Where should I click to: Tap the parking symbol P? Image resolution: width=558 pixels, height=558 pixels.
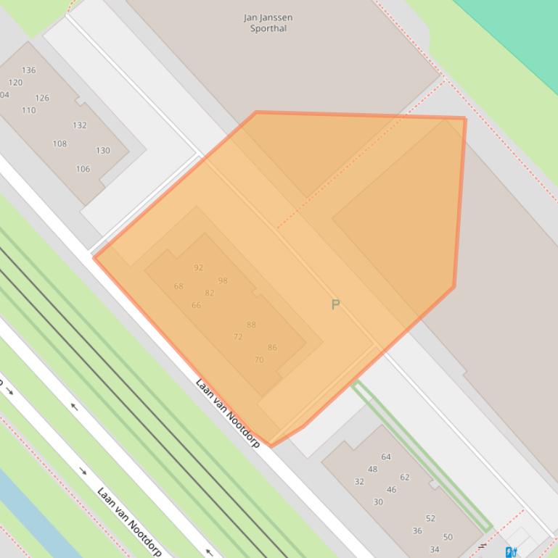[x=335, y=305]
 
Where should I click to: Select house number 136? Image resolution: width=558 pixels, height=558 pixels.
[x=28, y=70]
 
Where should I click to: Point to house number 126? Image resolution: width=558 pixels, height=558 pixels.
[x=42, y=98]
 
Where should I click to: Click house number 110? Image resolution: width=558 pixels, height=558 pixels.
[x=28, y=110]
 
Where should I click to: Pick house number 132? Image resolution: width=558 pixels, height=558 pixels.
[x=80, y=125]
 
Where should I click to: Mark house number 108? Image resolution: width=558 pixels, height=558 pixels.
[x=60, y=143]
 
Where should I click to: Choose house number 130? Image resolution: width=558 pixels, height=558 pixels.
[x=103, y=151]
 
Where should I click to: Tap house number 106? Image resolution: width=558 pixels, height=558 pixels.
[x=83, y=169]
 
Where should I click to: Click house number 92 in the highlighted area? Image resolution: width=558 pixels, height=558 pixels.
[x=199, y=267]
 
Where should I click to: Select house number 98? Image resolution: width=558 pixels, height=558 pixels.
[x=223, y=280]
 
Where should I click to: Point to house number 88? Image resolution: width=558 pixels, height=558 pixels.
[x=251, y=325]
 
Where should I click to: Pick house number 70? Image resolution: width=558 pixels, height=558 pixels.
[x=259, y=359]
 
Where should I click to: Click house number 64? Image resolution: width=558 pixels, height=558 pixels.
[x=386, y=457]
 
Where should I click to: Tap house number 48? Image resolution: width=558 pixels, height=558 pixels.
[x=372, y=469]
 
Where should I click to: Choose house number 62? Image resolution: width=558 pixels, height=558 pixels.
[x=405, y=477]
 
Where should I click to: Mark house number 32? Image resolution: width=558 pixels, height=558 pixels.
[x=358, y=481]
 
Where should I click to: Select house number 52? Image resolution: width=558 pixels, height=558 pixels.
[x=430, y=518]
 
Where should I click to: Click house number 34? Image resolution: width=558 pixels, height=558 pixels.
[x=434, y=549]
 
